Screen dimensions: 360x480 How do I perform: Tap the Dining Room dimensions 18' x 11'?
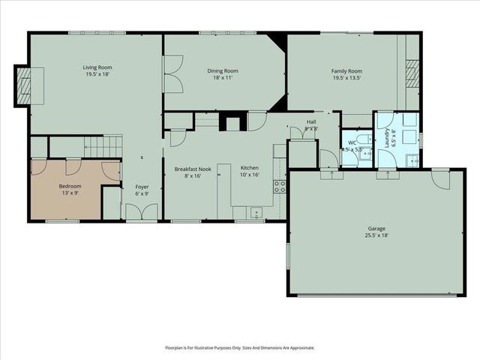[222, 77]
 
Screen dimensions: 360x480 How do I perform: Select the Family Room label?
[346, 71]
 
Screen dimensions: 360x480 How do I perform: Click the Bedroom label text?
[70, 186]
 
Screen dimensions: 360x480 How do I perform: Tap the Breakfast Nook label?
[193, 169]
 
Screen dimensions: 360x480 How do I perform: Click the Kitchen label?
[249, 169]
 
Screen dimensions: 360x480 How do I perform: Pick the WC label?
[352, 142]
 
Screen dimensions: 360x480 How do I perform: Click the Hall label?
[311, 121]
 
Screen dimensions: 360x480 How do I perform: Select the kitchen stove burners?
[279, 187]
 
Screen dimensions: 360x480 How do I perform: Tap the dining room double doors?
[172, 77]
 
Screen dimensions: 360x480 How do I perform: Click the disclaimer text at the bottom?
[240, 347]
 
